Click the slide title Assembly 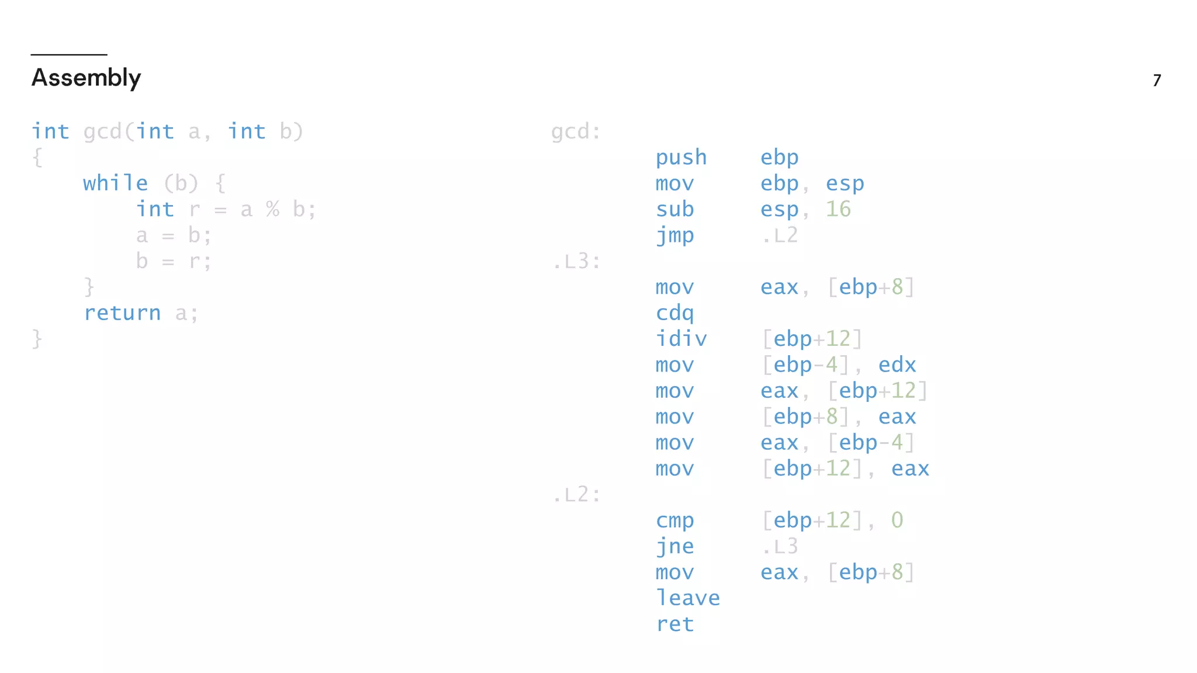click(x=86, y=78)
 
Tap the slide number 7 click(x=1157, y=80)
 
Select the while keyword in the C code click(x=115, y=183)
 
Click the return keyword click(x=122, y=313)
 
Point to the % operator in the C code click(x=272, y=209)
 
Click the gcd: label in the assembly click(x=576, y=132)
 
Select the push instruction click(x=681, y=158)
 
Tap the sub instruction click(x=674, y=209)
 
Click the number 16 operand click(x=838, y=209)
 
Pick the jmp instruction click(x=674, y=235)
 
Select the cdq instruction click(x=674, y=313)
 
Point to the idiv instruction click(x=681, y=339)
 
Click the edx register click(x=897, y=365)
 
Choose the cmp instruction click(x=674, y=521)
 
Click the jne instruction click(x=674, y=546)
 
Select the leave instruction click(x=687, y=598)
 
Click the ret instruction click(x=674, y=624)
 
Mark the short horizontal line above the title click(x=69, y=55)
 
